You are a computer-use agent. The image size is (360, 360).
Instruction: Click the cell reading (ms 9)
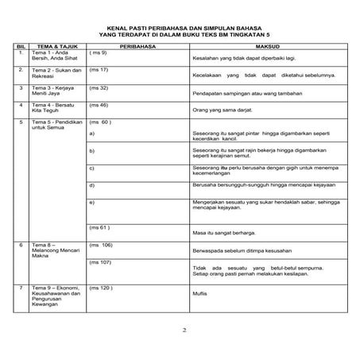[x=99, y=52]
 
